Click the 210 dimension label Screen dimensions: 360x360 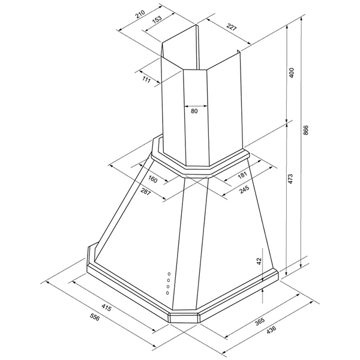coord(140,14)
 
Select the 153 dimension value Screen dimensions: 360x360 coord(157,20)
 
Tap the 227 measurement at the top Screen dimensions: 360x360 coord(232,27)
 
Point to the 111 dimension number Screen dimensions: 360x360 coord(146,80)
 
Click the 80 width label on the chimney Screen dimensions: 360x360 coord(194,111)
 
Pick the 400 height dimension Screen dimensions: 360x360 coord(292,73)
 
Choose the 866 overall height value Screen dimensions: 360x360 coord(306,130)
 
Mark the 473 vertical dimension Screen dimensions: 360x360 coord(290,179)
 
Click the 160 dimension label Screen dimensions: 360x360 coord(152,179)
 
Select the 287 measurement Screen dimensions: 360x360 coord(145,191)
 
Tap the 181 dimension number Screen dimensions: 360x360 coord(242,175)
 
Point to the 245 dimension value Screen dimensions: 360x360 coord(244,190)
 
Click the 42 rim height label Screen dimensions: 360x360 coord(259,260)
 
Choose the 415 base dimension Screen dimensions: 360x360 coord(106,308)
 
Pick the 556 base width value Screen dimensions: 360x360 coord(95,317)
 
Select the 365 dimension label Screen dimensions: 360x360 coord(260,321)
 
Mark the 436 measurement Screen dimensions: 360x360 coord(271,331)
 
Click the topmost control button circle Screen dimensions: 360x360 coord(169,274)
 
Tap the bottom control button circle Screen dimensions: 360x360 coord(167,293)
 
